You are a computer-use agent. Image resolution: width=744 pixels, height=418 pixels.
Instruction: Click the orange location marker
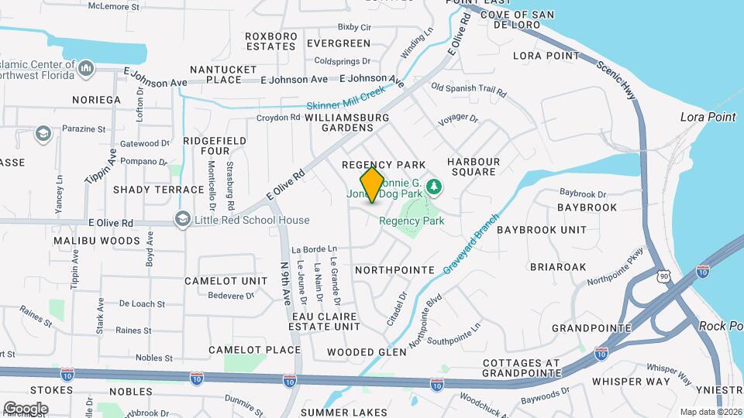pyautogui.click(x=373, y=184)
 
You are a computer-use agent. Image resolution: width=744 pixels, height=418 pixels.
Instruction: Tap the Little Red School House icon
pyautogui.click(x=182, y=220)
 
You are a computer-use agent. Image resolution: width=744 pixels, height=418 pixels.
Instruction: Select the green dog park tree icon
pyautogui.click(x=435, y=186)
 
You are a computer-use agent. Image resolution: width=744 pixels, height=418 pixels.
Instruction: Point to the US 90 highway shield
pyautogui.click(x=662, y=276)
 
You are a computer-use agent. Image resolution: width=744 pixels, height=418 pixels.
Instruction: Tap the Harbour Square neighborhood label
pyautogui.click(x=473, y=166)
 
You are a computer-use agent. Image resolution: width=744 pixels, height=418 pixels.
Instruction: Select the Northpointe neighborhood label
pyautogui.click(x=394, y=270)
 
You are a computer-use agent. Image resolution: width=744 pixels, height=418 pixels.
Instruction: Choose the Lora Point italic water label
pyautogui.click(x=707, y=117)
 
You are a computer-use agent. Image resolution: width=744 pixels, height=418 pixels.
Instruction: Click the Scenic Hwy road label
pyautogui.click(x=616, y=80)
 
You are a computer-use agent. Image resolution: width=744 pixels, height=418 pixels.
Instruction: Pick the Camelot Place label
pyautogui.click(x=254, y=350)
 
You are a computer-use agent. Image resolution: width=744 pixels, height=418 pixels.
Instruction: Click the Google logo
pyautogui.click(x=26, y=408)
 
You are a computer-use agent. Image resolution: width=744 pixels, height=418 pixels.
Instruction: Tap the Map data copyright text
pyautogui.click(x=711, y=411)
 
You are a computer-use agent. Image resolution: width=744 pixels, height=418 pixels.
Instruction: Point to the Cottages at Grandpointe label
pyautogui.click(x=521, y=368)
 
